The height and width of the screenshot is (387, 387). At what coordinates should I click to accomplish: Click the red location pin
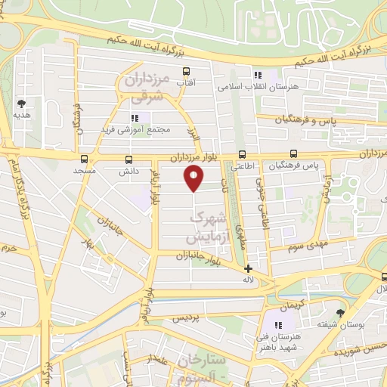point(194,178)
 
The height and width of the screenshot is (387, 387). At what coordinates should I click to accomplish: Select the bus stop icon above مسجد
point(84,159)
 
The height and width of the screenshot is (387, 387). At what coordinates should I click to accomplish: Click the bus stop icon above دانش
point(128,159)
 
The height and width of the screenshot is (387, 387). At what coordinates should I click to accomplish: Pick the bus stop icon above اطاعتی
point(242,153)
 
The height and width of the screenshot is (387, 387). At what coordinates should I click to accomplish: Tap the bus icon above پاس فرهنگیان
point(293,153)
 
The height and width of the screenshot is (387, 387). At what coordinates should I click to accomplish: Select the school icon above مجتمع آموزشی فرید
point(135,117)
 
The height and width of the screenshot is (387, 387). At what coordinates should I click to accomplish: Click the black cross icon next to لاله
point(248,268)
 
